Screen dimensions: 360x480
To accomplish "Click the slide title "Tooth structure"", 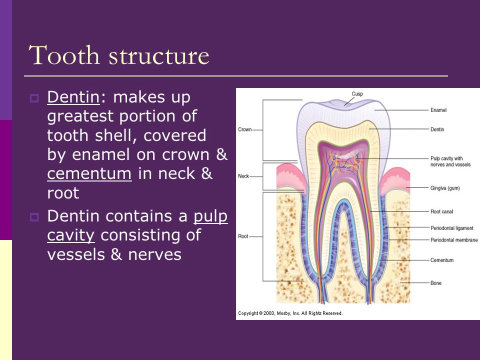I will pos(119,55).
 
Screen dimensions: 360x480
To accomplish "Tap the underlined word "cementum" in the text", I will pos(89,174).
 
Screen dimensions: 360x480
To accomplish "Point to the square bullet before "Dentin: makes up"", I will pos(34,98).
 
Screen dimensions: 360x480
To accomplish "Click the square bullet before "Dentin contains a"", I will pos(34,217).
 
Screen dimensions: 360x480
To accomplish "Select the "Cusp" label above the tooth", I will pos(357,93).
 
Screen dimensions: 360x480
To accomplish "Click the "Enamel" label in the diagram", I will pos(438,109).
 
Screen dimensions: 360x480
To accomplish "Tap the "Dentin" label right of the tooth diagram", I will pos(437,129).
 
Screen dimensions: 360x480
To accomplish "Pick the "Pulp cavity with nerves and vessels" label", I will pos(450,161).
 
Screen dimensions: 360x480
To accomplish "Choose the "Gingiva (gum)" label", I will pos(444,188).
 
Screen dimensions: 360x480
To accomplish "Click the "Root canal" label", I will pos(441,211).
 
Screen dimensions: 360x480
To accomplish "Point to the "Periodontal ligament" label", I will pos(452,228).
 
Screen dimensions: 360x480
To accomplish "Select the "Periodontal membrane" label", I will pos(453,240).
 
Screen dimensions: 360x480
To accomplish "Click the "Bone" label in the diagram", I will pos(435,283).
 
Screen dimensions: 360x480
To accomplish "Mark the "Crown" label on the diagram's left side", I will pos(244,129).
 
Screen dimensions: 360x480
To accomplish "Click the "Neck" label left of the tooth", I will pos(243,176).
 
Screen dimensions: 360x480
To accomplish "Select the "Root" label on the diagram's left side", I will pos(243,236).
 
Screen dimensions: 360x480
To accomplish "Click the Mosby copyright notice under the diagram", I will pos(290,313).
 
